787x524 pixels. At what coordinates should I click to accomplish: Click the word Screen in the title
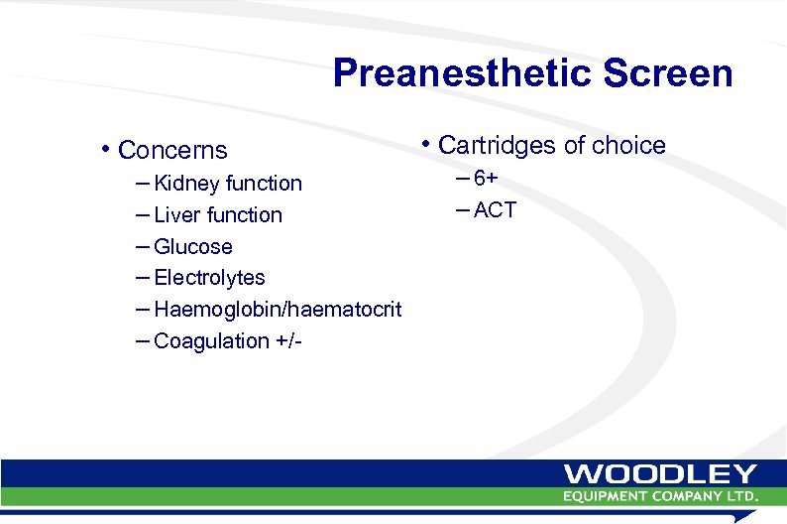click(x=670, y=73)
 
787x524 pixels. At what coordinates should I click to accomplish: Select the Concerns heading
click(x=172, y=151)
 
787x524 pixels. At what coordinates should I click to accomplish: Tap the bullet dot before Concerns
click(x=105, y=151)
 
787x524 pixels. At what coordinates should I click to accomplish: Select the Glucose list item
click(x=193, y=247)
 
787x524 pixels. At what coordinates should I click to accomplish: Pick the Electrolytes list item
click(x=209, y=278)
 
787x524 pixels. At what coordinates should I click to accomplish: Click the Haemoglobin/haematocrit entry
click(x=278, y=310)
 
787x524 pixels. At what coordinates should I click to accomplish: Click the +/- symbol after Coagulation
click(x=287, y=341)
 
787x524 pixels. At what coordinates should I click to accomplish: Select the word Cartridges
click(x=498, y=146)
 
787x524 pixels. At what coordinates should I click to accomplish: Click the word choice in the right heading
click(x=627, y=146)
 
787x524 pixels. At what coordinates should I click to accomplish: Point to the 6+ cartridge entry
click(x=486, y=179)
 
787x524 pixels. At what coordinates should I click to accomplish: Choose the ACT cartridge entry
click(x=495, y=210)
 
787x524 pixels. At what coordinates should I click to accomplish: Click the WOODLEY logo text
click(x=661, y=474)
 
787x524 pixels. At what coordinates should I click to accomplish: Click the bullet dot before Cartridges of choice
click(x=424, y=145)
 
